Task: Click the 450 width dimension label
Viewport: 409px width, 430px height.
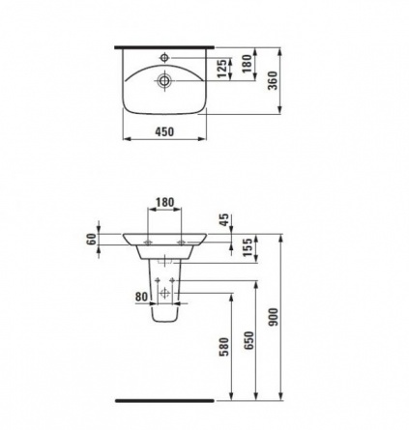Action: click(164, 131)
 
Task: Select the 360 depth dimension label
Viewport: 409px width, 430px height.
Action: click(273, 81)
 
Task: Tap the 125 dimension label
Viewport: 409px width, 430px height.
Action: click(222, 69)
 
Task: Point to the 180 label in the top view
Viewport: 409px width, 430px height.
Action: click(248, 64)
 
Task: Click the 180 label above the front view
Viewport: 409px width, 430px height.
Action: click(164, 202)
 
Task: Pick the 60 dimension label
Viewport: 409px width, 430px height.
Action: click(92, 239)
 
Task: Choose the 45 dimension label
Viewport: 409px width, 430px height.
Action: click(224, 219)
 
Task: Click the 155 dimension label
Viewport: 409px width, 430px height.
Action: click(248, 247)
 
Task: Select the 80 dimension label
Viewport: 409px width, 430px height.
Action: click(141, 297)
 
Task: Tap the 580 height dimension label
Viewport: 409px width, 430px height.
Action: click(224, 347)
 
